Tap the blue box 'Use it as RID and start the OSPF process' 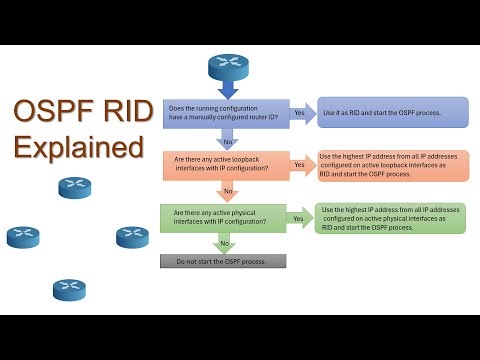point(392,112)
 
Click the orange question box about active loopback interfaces point(224,165)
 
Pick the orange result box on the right point(392,165)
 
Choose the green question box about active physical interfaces point(224,217)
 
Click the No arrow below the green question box point(225,243)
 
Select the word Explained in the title point(79,148)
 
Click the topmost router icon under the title point(74,187)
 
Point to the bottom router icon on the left point(69,290)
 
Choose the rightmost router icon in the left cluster point(132,237)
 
